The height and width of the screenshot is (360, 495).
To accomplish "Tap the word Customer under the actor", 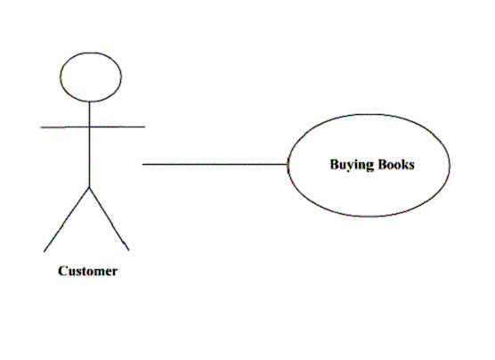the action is pos(88,271).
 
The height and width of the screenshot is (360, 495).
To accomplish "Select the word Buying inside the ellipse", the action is pos(352,165).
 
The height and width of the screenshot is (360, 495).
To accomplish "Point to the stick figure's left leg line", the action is pos(66,220).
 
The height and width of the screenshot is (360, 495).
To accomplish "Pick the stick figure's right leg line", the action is pos(110,219).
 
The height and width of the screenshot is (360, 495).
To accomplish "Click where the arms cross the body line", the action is pos(90,127).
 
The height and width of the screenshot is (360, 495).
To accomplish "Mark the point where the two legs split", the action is pos(90,187).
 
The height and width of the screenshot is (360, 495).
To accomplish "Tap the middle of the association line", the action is pos(215,164).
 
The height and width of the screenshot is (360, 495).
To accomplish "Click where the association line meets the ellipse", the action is pos(288,164).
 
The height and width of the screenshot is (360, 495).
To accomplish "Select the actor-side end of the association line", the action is pos(142,164).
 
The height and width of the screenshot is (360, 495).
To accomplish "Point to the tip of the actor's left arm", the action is pos(40,127).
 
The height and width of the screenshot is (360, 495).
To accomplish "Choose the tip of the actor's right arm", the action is pos(145,127).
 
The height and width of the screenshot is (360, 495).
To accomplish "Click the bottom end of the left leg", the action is pos(44,252).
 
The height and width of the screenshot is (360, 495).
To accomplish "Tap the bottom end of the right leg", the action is pos(129,250).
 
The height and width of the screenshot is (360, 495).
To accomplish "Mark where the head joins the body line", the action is pos(90,102).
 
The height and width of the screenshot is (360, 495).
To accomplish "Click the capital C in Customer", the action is pos(62,271).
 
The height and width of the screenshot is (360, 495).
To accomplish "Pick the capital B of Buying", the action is pos(335,164).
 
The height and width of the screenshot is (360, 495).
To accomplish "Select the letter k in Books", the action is pos(406,164).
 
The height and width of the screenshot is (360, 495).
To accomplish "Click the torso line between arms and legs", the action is pos(90,157).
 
